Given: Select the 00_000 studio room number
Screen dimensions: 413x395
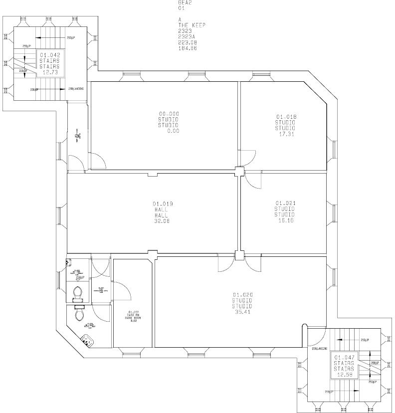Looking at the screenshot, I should (x=169, y=114).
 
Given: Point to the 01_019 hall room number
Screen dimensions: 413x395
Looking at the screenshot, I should (x=163, y=204).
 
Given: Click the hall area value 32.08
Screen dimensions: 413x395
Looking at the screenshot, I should (x=163, y=221).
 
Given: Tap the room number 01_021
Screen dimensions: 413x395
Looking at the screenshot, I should (x=285, y=203).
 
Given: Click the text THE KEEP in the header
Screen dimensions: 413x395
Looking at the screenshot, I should (x=192, y=25).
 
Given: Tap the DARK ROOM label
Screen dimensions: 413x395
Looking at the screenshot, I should (x=134, y=317).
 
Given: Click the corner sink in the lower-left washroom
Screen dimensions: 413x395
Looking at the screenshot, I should (x=88, y=341).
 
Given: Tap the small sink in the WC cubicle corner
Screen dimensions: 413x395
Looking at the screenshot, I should (x=69, y=261).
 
